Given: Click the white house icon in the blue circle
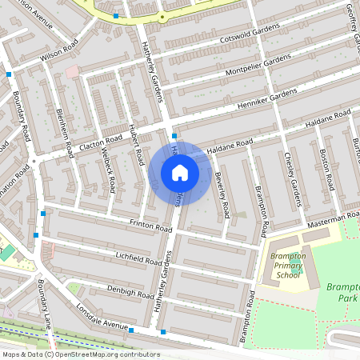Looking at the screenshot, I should [x=180, y=172].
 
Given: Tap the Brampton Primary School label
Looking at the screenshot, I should [x=288, y=264].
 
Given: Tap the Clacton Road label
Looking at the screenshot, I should [x=100, y=142].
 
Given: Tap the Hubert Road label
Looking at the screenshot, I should [x=135, y=145].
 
